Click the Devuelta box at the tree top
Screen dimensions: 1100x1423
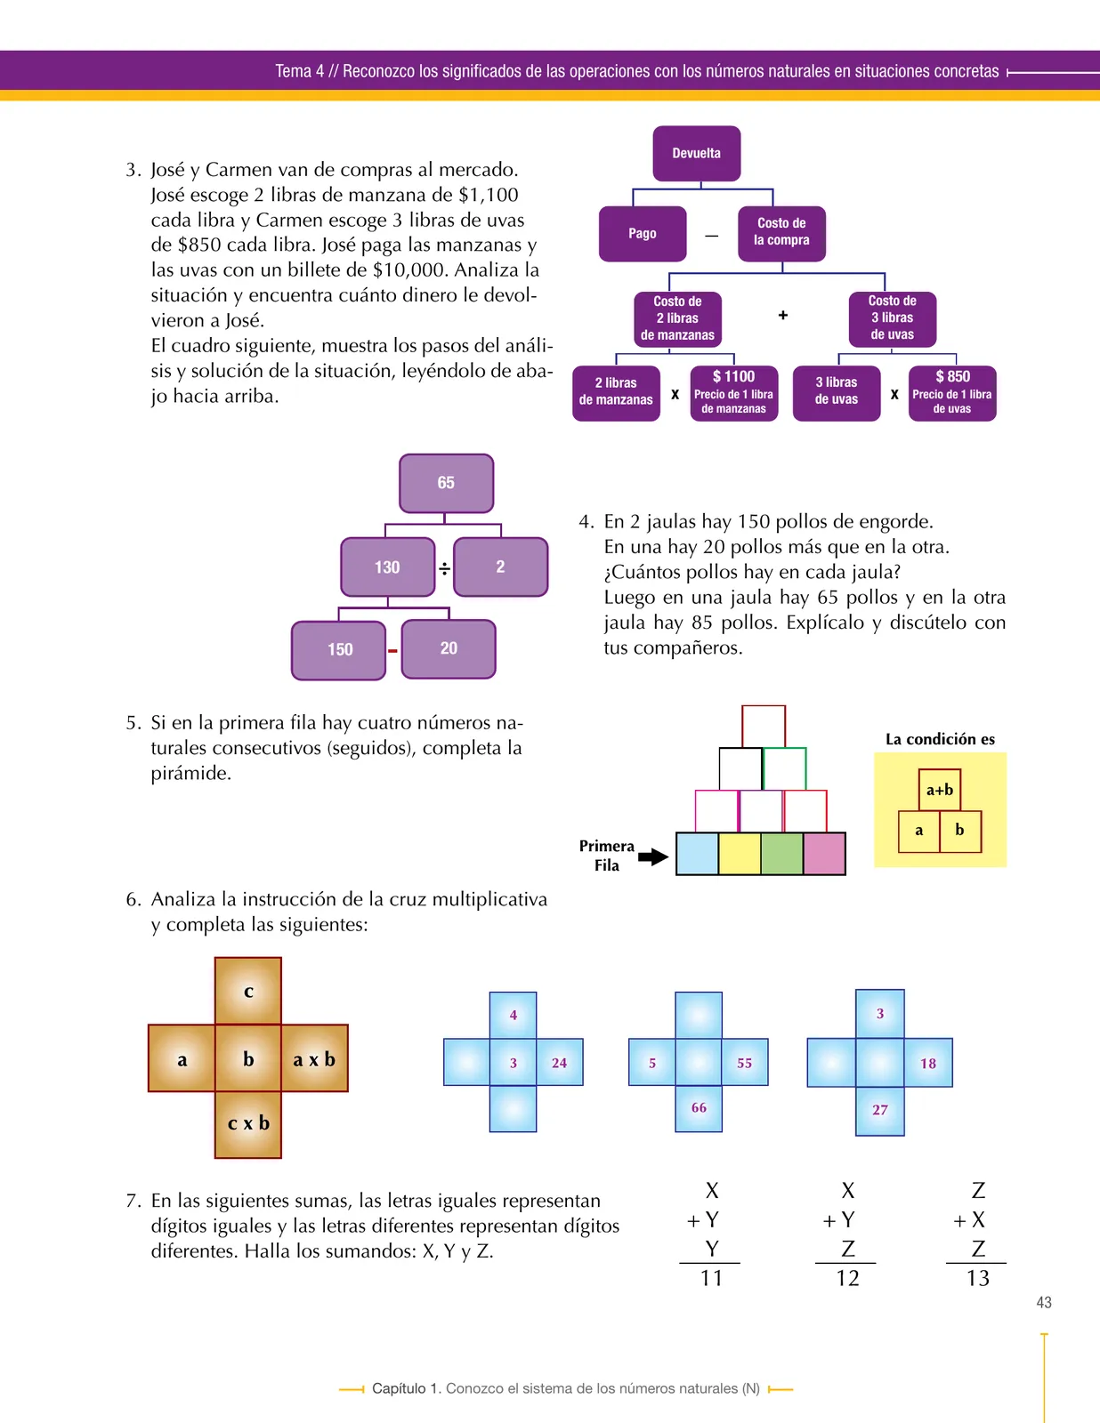click(x=697, y=153)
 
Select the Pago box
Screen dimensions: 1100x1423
click(x=643, y=234)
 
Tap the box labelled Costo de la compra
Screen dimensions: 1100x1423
click(x=781, y=234)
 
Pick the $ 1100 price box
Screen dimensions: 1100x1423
click(x=733, y=393)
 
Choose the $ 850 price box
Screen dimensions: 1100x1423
click(x=952, y=393)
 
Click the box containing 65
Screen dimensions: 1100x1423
click(x=446, y=483)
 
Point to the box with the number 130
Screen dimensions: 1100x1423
click(x=388, y=567)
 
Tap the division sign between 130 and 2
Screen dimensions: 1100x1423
click(x=444, y=568)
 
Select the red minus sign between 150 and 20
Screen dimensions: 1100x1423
click(x=392, y=650)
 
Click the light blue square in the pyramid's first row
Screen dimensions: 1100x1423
click(x=697, y=853)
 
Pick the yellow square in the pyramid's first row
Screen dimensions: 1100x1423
click(x=740, y=853)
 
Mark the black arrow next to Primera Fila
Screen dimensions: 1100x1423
click(x=653, y=856)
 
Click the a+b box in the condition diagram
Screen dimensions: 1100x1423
click(x=940, y=790)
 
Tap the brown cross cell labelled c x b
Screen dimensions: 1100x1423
click(x=248, y=1124)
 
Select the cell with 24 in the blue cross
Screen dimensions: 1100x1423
click(x=560, y=1062)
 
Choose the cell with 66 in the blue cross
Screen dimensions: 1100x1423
click(x=699, y=1108)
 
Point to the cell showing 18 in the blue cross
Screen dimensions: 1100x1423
click(x=928, y=1063)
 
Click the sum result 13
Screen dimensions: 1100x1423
click(x=978, y=1278)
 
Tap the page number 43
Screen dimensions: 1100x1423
click(x=1044, y=1303)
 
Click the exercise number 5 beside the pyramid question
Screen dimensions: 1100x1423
click(x=133, y=723)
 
